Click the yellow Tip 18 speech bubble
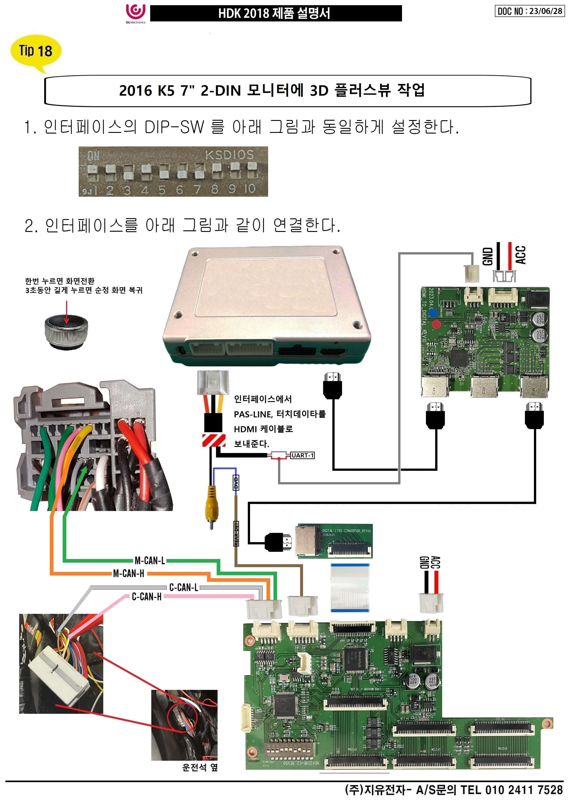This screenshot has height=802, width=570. [x=36, y=51]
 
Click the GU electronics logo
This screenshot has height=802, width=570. [x=136, y=13]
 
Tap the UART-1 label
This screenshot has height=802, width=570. [x=303, y=455]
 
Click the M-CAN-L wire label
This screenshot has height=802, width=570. [x=150, y=560]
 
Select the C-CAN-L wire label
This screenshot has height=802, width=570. [x=184, y=587]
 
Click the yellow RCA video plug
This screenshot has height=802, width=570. [x=212, y=506]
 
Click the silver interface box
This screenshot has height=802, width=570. [x=267, y=305]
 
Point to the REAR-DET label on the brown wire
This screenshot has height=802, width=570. [x=237, y=534]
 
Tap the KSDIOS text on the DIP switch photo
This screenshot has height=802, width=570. [x=229, y=155]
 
